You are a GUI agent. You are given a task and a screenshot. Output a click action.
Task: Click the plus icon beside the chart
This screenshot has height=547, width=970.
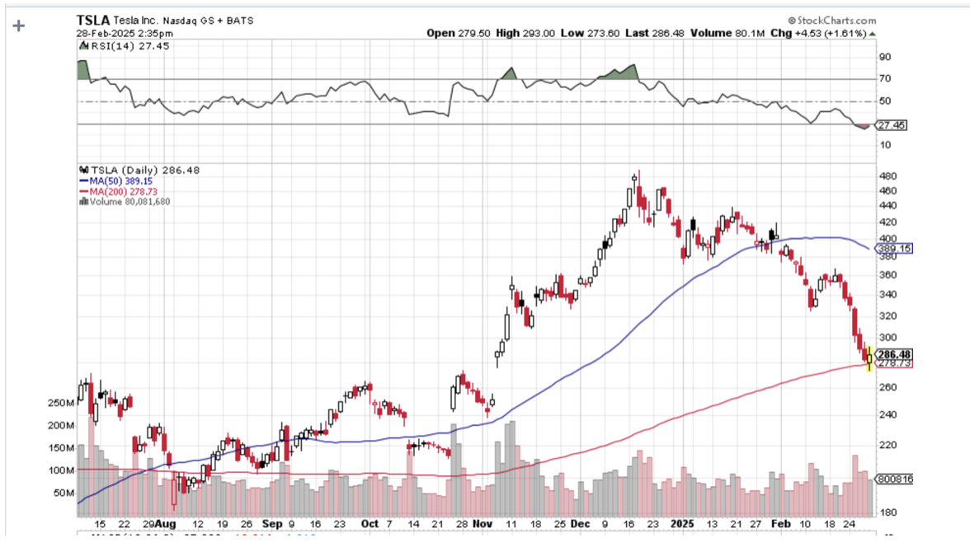(18, 26)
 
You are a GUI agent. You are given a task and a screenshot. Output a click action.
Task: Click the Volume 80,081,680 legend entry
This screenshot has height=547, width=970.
(125, 201)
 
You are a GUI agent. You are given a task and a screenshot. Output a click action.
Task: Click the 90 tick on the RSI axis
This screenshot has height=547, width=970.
(885, 58)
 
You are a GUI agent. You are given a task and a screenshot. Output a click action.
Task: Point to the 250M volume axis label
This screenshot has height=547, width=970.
(61, 403)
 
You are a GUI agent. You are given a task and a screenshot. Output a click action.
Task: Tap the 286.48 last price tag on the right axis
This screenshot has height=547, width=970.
(895, 354)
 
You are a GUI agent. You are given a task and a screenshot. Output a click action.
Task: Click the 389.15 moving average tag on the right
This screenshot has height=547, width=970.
(895, 248)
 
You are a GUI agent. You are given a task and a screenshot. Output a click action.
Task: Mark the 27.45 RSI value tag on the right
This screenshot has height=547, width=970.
(892, 125)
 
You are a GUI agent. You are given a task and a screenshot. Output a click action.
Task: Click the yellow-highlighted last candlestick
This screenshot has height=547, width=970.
(869, 358)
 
